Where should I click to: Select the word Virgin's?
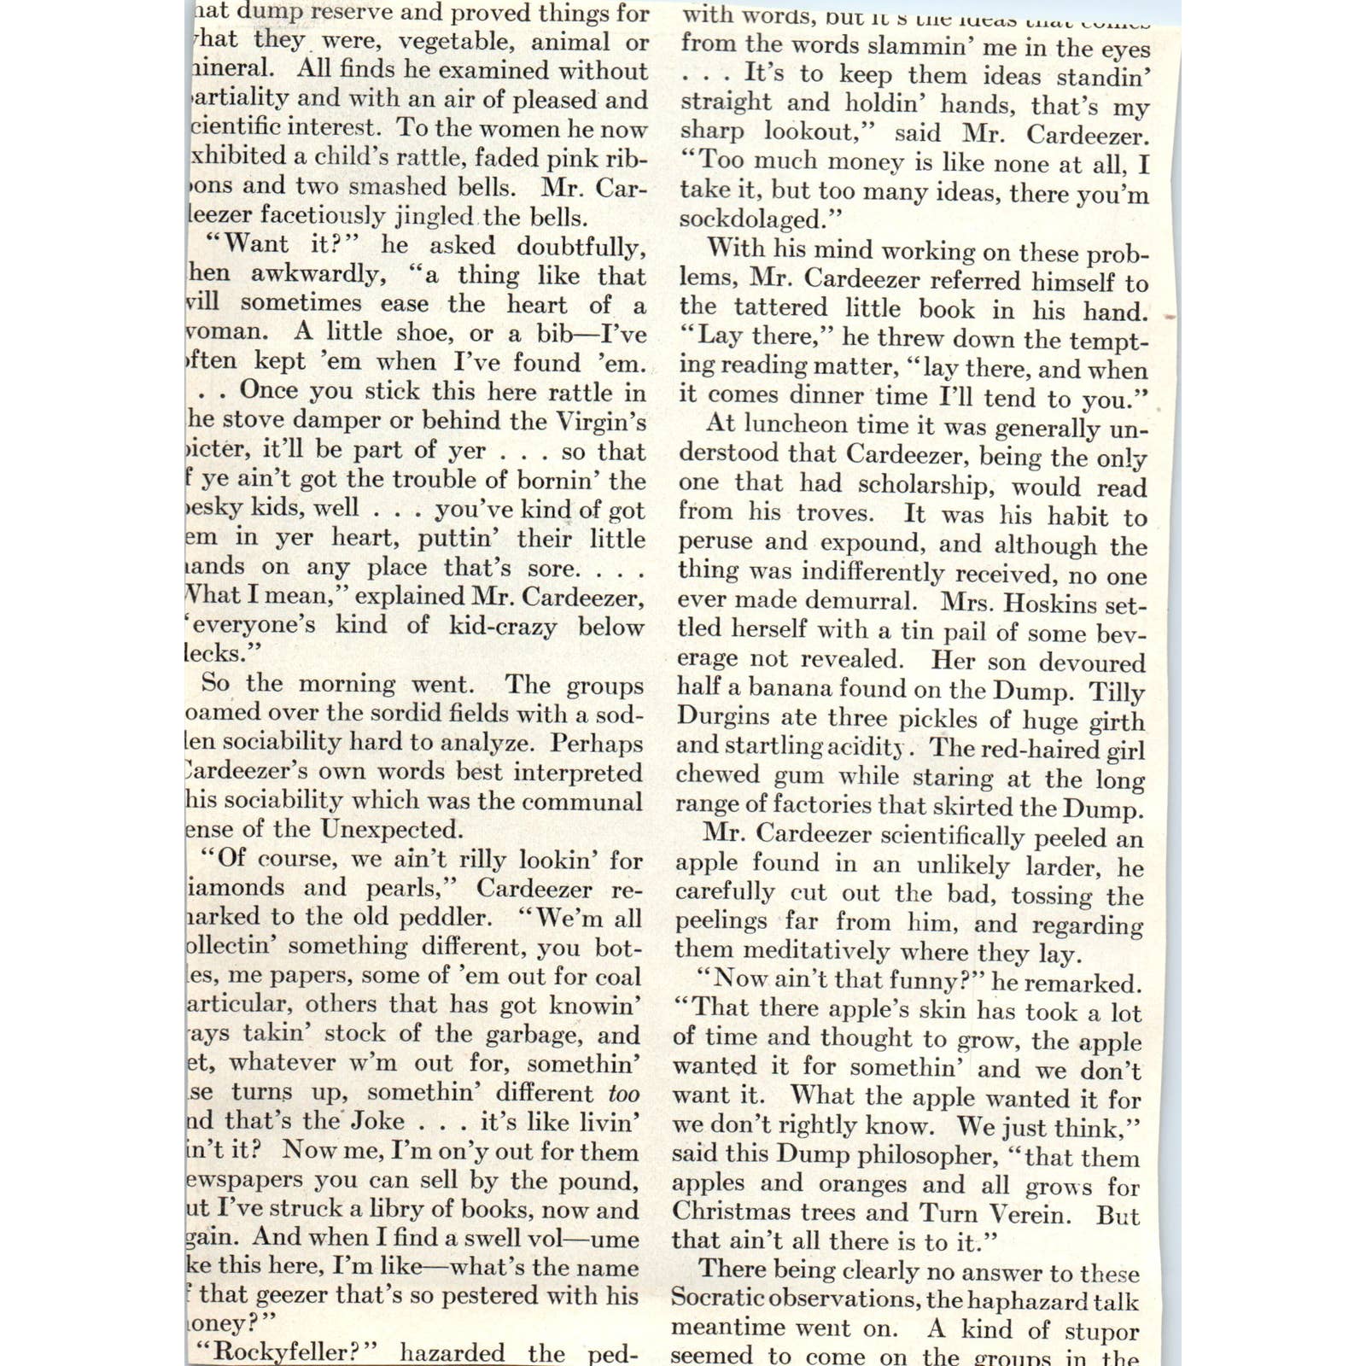pos(601,421)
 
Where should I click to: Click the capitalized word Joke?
pos(378,1120)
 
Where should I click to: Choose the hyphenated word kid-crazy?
pos(503,626)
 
